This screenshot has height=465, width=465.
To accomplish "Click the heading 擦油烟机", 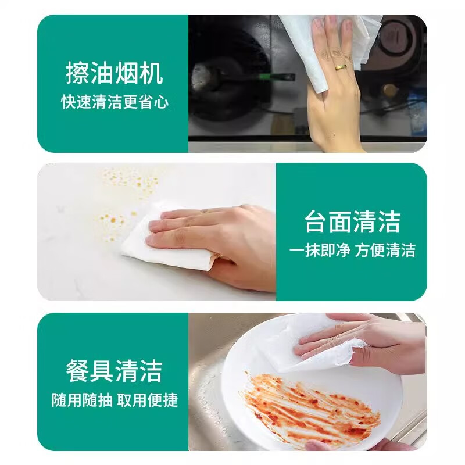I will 115,74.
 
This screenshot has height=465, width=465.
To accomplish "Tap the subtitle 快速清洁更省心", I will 115,102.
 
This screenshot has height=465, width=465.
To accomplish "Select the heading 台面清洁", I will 352,221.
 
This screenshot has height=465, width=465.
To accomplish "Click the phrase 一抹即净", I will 319,251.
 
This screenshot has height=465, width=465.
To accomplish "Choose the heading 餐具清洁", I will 115,371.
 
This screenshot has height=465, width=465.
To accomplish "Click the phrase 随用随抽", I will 81,400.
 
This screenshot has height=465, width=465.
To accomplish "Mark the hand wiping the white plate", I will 372,343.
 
